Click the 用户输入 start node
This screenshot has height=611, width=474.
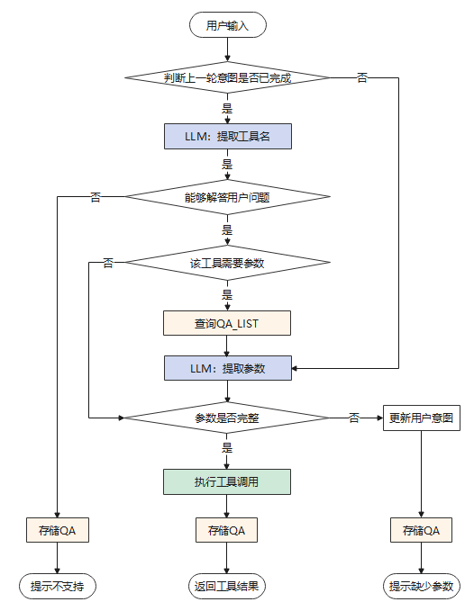227,25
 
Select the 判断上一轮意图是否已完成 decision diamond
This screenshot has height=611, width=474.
227,77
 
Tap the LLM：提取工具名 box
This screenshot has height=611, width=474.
227,137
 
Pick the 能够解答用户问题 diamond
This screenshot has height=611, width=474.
227,197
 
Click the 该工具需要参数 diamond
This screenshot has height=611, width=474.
227,263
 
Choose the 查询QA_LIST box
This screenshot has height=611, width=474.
227,323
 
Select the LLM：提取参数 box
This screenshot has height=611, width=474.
227,368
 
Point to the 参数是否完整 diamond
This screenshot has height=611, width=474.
227,418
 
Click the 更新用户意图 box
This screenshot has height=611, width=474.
422,418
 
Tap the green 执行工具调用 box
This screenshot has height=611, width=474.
227,481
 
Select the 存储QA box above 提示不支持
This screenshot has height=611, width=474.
58,530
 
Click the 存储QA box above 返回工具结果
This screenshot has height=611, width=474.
226,530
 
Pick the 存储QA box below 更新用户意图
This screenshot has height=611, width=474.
421,530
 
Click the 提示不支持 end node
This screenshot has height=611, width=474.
58,586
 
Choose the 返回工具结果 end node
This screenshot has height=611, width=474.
226,586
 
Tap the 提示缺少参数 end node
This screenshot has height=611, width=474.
422,586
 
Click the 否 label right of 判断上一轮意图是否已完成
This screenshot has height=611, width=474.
362,78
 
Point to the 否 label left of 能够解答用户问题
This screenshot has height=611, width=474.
96,197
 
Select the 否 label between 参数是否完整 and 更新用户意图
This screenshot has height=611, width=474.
354,418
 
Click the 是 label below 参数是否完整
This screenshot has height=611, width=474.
227,447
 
